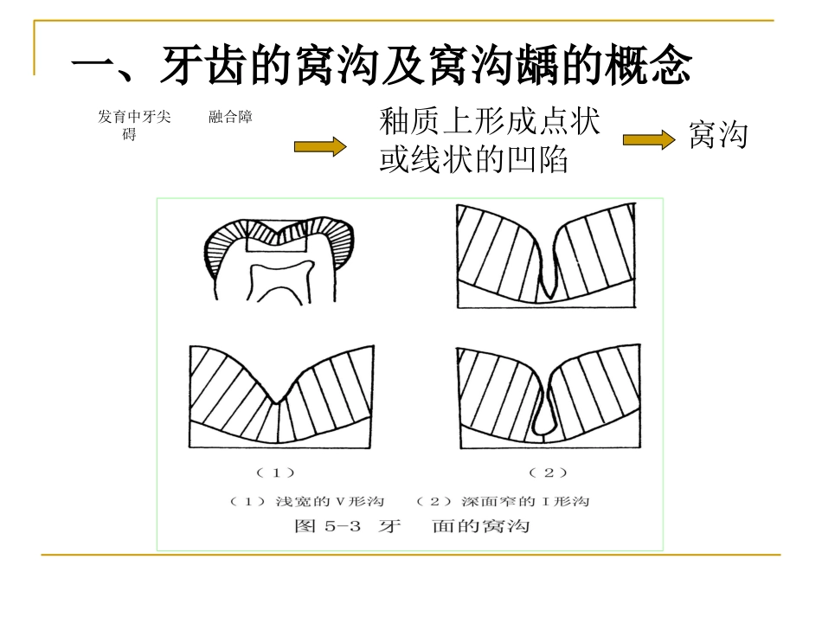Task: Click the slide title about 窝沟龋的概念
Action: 381,67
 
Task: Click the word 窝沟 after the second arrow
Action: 718,136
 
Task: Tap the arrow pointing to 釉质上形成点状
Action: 319,147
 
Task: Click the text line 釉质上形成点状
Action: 489,122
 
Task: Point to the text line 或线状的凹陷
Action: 473,161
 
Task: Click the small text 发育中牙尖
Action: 127,117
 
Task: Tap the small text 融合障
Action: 230,117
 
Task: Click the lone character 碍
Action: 129,135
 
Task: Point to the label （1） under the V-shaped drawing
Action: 276,472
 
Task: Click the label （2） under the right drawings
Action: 548,472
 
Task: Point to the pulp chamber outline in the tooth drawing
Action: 279,280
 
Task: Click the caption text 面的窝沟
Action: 480,526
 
